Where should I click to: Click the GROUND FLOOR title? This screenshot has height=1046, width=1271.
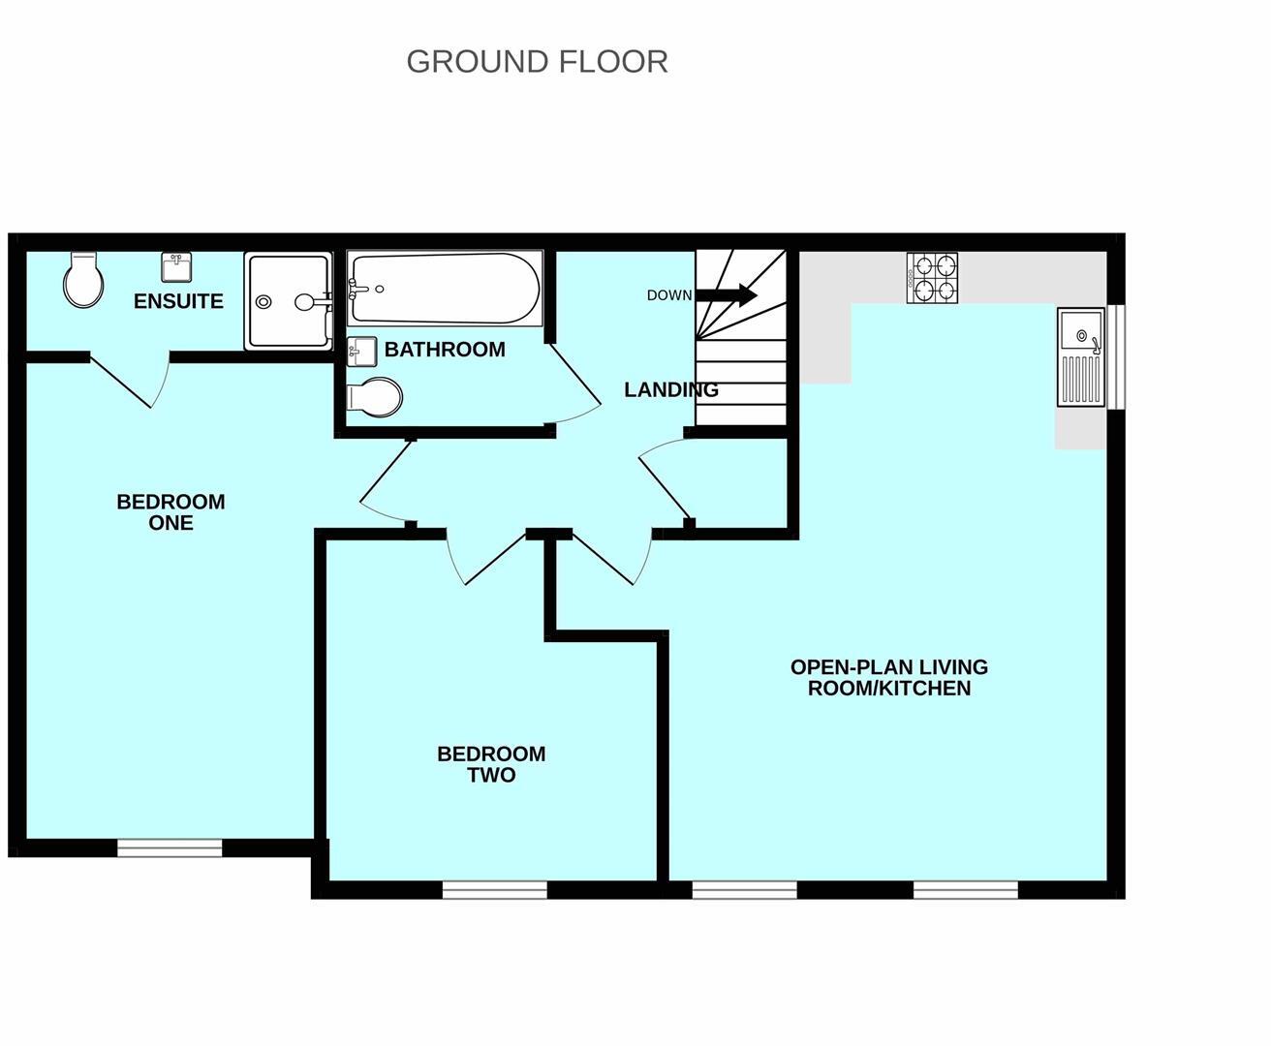coord(537,61)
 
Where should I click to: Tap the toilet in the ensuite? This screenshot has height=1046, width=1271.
coord(83,280)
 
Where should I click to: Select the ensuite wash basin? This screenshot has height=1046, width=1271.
coord(176,267)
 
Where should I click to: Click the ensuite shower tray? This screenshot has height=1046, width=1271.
coord(288,300)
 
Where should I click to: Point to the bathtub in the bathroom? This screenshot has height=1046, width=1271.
coord(445,288)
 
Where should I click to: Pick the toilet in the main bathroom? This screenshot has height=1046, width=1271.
coord(374,396)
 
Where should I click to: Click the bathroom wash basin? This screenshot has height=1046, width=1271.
coord(361,352)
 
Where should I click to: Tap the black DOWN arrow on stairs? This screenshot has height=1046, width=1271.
coord(727,295)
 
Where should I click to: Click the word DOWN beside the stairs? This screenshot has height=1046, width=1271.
coord(669,295)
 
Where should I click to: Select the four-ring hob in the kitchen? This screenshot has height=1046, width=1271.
coord(932,277)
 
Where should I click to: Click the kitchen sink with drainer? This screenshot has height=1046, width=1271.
coord(1081,356)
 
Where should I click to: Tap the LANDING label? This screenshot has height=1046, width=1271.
coord(671,390)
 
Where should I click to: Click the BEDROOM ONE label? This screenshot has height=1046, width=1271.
coord(171,512)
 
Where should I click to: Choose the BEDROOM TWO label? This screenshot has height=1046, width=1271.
coord(491,764)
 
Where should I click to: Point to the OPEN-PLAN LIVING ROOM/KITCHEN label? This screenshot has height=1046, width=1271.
coord(889,678)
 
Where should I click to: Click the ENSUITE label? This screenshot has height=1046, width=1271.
coord(178,301)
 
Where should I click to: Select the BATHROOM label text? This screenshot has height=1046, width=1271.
coord(445,350)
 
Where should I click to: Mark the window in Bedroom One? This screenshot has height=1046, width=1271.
coord(170,848)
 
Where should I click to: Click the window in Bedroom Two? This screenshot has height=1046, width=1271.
coord(495,890)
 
